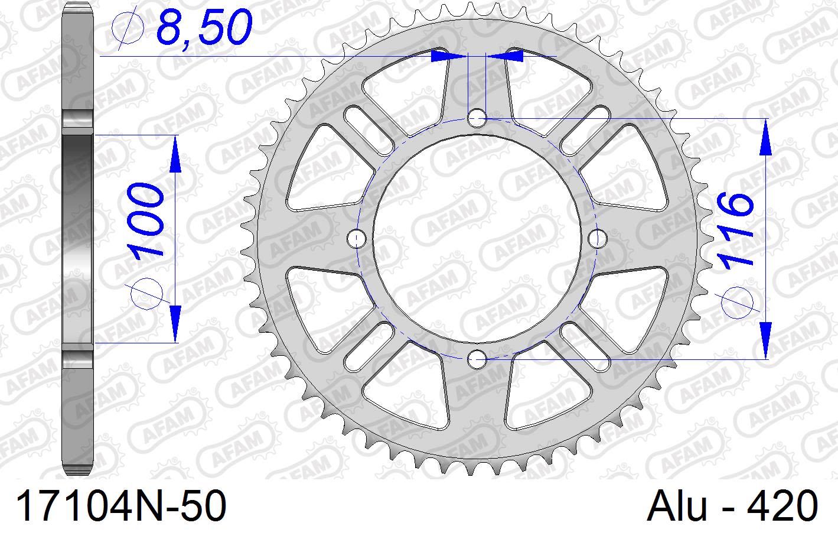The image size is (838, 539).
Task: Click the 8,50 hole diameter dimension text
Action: coord(204,27)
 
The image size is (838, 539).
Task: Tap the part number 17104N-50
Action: coord(121,505)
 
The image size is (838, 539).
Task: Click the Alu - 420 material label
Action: coord(732,505)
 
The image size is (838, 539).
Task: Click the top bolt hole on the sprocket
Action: coord(477,119)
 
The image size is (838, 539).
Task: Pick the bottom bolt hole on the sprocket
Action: coord(477,359)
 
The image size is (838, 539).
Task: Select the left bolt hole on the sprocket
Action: coord(356,238)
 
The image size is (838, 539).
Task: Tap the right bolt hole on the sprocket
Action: coord(598,238)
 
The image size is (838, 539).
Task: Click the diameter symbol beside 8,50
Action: coord(128,28)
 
